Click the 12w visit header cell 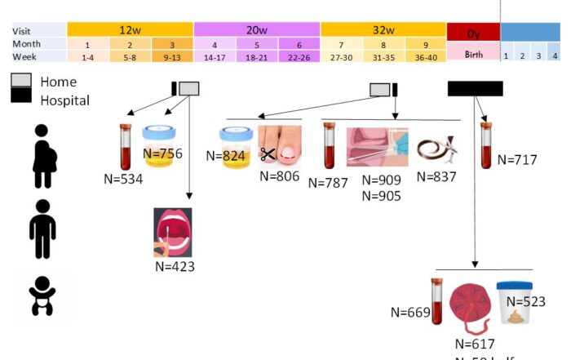129,29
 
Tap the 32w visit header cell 383,29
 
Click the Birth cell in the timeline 473,56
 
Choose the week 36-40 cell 425,56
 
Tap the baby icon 42,296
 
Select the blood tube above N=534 126,144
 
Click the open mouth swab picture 172,232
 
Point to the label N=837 436,176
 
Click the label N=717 517,160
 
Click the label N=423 175,265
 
